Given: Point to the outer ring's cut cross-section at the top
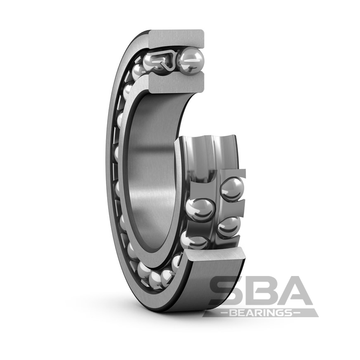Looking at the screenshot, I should pos(176,38).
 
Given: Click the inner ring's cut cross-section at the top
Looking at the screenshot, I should pos(176,82).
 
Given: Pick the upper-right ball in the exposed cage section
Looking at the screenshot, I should pos(232,189).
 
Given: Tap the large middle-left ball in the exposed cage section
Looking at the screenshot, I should pos(200,209).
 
